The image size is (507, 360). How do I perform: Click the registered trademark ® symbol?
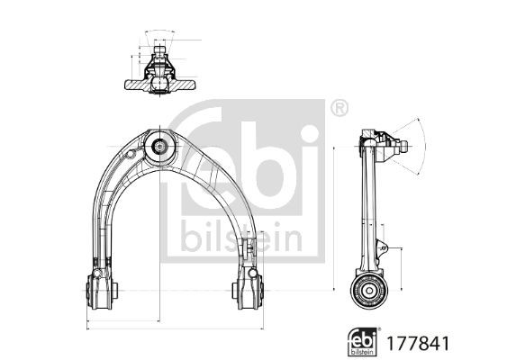(340, 108)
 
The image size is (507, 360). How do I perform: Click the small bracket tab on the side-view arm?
(381, 246)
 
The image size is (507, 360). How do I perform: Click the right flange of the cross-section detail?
(186, 85)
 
